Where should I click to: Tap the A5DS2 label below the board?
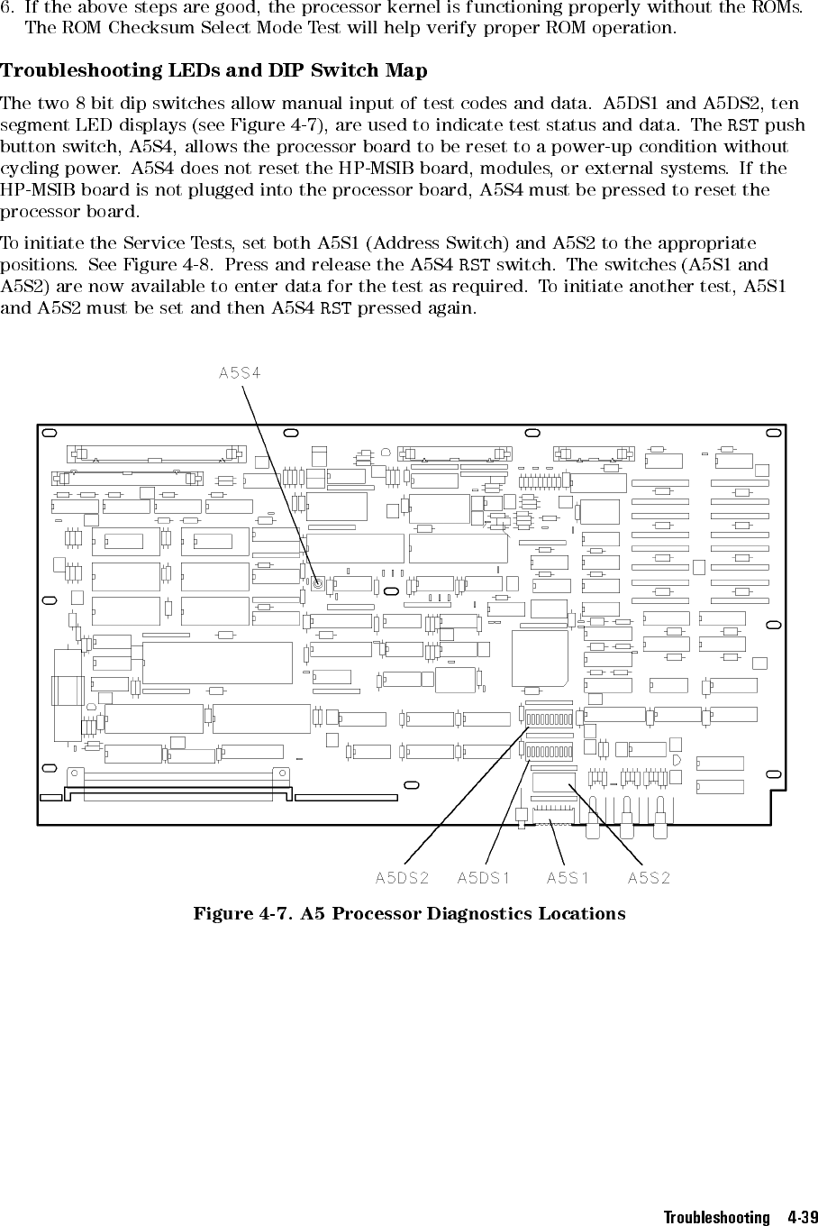(x=402, y=877)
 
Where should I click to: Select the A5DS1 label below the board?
(x=484, y=877)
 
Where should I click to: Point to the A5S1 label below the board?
(x=568, y=877)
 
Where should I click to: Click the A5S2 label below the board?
(x=650, y=877)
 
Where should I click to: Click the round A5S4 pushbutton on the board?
(x=318, y=583)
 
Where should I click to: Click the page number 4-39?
(x=795, y=1217)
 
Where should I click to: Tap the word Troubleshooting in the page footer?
(x=716, y=1217)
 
